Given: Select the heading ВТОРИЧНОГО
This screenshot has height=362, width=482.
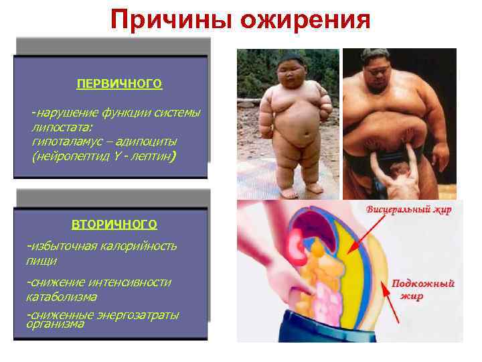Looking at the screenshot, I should point(114,223).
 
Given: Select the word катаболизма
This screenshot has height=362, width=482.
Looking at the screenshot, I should point(61,296).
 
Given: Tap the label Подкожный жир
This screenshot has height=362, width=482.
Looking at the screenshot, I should point(423,290).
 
